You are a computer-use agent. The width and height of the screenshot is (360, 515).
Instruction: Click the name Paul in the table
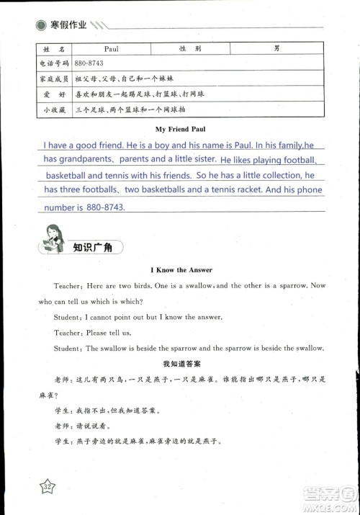pos(111,49)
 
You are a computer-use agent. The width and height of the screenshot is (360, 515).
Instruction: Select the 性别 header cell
pos(190,49)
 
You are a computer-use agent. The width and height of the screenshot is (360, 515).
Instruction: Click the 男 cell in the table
pos(277,49)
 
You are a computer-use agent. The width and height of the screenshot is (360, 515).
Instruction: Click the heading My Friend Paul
pos(181,130)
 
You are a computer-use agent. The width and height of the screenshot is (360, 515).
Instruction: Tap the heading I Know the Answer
pos(181,270)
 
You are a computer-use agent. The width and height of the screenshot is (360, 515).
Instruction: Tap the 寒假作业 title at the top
pos(68,24)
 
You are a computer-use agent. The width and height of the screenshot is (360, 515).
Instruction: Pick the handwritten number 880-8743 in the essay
pos(105,207)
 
